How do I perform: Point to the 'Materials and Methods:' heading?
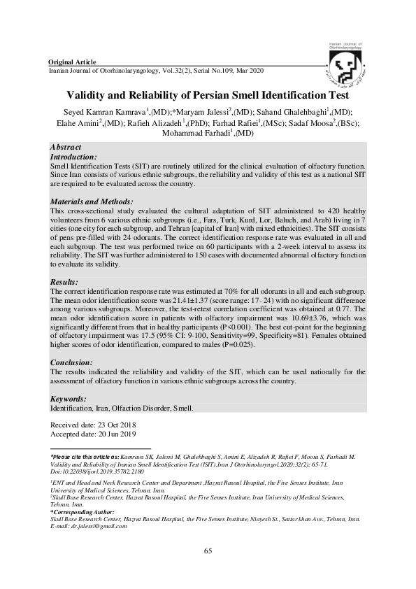click(92, 201)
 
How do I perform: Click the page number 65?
click(208, 552)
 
